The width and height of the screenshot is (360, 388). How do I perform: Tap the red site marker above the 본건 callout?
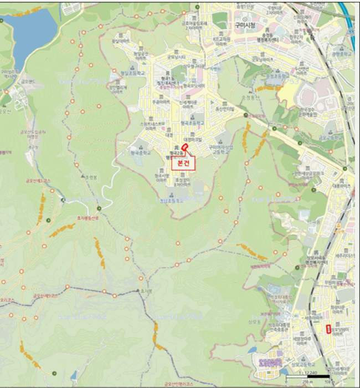click(185, 148)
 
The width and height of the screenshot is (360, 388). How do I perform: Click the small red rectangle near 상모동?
click(329, 328)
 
